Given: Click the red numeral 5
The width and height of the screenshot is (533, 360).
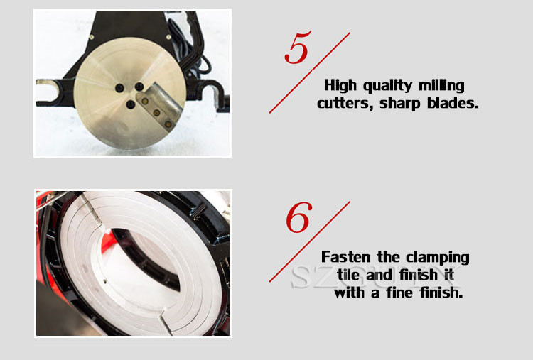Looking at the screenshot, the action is (x=298, y=47).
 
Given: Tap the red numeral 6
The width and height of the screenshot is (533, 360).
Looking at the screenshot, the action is (x=298, y=217).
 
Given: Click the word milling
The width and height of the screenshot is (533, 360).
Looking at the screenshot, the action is (x=441, y=85).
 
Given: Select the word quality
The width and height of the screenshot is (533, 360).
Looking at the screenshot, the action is (x=387, y=86).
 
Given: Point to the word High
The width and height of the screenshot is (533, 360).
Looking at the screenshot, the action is (x=340, y=85).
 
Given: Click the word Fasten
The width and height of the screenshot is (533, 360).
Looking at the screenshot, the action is (x=345, y=257).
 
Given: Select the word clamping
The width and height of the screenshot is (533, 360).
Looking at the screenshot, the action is (x=438, y=258).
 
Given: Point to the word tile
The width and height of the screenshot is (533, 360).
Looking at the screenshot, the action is (x=348, y=274).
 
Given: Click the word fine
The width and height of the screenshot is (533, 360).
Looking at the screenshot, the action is (x=399, y=292).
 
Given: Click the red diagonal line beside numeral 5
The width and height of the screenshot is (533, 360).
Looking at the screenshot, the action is (x=310, y=72).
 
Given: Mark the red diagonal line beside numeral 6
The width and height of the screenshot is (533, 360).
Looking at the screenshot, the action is (x=310, y=241).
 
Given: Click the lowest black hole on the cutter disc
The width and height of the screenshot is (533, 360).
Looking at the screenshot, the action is (x=131, y=104).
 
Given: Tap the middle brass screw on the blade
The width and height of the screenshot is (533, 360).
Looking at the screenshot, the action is (x=157, y=112).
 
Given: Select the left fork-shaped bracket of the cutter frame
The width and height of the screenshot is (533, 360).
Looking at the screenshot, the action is (x=55, y=92).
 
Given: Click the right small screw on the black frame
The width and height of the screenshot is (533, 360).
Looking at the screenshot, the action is (x=168, y=37).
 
